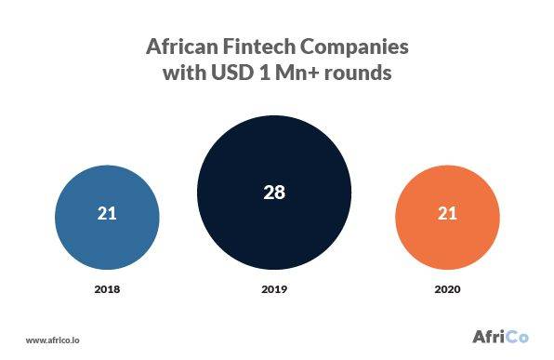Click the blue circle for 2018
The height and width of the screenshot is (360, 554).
tap(107, 214)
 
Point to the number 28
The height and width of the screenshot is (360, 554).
tap(275, 193)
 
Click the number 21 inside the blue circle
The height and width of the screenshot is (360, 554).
tap(107, 214)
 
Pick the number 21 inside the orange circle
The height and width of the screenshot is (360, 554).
tap(446, 214)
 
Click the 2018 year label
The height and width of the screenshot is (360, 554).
tap(107, 289)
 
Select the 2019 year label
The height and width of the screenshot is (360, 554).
tap(275, 289)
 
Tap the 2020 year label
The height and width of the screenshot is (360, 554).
tap(446, 289)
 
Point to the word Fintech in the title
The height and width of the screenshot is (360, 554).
tap(261, 47)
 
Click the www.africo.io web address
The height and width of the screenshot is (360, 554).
tap(50, 340)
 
